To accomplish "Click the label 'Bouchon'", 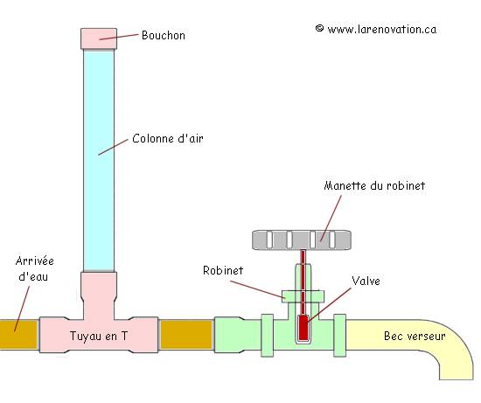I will click(x=164, y=36).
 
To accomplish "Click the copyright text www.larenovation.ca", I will click(x=376, y=29).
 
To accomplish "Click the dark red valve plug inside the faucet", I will click(x=303, y=329).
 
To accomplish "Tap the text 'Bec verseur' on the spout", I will click(x=415, y=336).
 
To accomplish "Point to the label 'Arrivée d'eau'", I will click(x=33, y=270).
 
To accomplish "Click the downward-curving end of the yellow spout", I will click(x=456, y=363).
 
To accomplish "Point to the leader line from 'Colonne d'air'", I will click(x=115, y=146).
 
